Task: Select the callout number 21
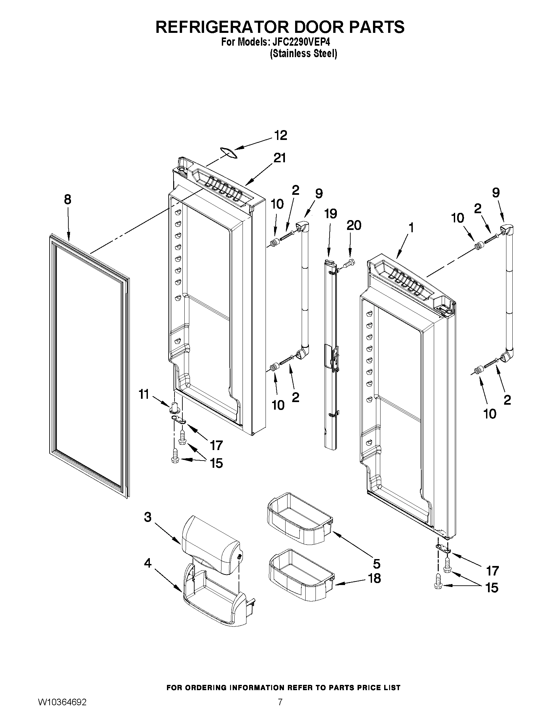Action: (x=279, y=158)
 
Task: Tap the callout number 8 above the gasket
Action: (x=68, y=200)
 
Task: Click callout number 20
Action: (x=354, y=225)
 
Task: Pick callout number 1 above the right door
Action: (x=411, y=228)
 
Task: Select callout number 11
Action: (x=144, y=395)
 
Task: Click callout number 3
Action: (x=148, y=517)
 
